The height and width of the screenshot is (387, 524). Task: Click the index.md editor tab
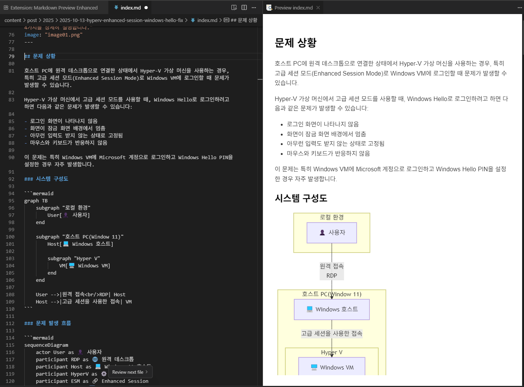131,8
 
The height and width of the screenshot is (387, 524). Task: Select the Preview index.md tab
293,8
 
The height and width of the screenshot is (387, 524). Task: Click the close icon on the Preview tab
318,8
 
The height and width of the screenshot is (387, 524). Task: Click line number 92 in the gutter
11,179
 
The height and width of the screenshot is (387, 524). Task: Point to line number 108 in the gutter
10,295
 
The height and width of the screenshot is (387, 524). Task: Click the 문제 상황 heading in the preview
296,43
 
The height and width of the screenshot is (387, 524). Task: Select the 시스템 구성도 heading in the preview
301,198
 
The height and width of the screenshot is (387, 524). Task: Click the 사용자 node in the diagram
332,232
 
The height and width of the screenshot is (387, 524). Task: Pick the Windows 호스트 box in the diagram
332,310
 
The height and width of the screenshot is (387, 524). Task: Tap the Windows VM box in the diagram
332,367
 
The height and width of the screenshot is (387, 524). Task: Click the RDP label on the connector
332,276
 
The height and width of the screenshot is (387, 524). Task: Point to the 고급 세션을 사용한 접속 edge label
332,333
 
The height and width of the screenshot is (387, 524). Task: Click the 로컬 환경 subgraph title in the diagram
332,217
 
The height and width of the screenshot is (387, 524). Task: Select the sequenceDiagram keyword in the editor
46,345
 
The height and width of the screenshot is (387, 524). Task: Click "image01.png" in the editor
63,35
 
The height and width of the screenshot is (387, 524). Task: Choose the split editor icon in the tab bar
244,8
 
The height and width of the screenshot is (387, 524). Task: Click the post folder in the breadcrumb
32,20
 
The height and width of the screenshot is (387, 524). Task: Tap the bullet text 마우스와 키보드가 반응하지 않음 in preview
328,153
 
